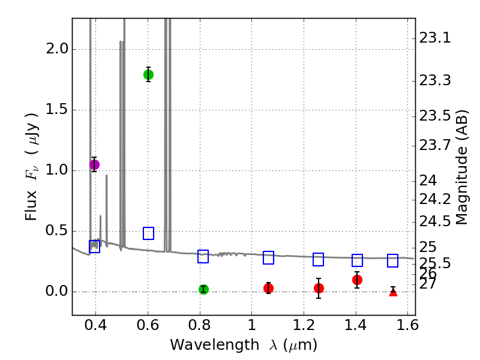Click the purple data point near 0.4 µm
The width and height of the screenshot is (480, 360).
94,164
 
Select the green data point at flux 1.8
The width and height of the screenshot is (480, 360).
148,74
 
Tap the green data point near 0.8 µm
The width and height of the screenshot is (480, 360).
203,289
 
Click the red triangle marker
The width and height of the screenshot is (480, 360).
393,292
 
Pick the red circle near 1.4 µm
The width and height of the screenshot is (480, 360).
357,280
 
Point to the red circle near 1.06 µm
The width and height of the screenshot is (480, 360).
268,288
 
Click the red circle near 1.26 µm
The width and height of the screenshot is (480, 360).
319,288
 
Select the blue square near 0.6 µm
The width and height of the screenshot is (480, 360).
148,233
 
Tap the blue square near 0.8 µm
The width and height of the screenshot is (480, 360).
203,256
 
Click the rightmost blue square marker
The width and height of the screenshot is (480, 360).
393,260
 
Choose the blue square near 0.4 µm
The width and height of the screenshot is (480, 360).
94,247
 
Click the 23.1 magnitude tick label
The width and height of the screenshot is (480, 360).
434,38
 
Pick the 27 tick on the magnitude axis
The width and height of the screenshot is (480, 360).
427,283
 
